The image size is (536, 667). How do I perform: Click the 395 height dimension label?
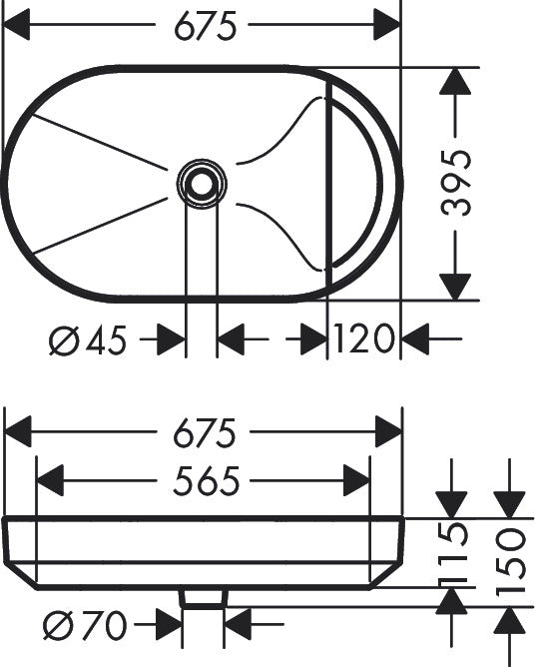click(456, 183)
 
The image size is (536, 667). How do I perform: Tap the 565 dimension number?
click(207, 481)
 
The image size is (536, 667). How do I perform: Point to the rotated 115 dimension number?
click(453, 552)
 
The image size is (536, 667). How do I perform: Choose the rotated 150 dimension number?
click(510, 560)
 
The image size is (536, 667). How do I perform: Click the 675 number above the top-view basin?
click(206, 26)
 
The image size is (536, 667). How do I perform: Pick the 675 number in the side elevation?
click(205, 433)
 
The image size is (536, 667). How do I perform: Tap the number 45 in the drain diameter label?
click(106, 339)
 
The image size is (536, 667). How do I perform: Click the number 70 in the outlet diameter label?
click(105, 625)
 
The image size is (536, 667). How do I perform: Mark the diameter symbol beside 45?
click(64, 339)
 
